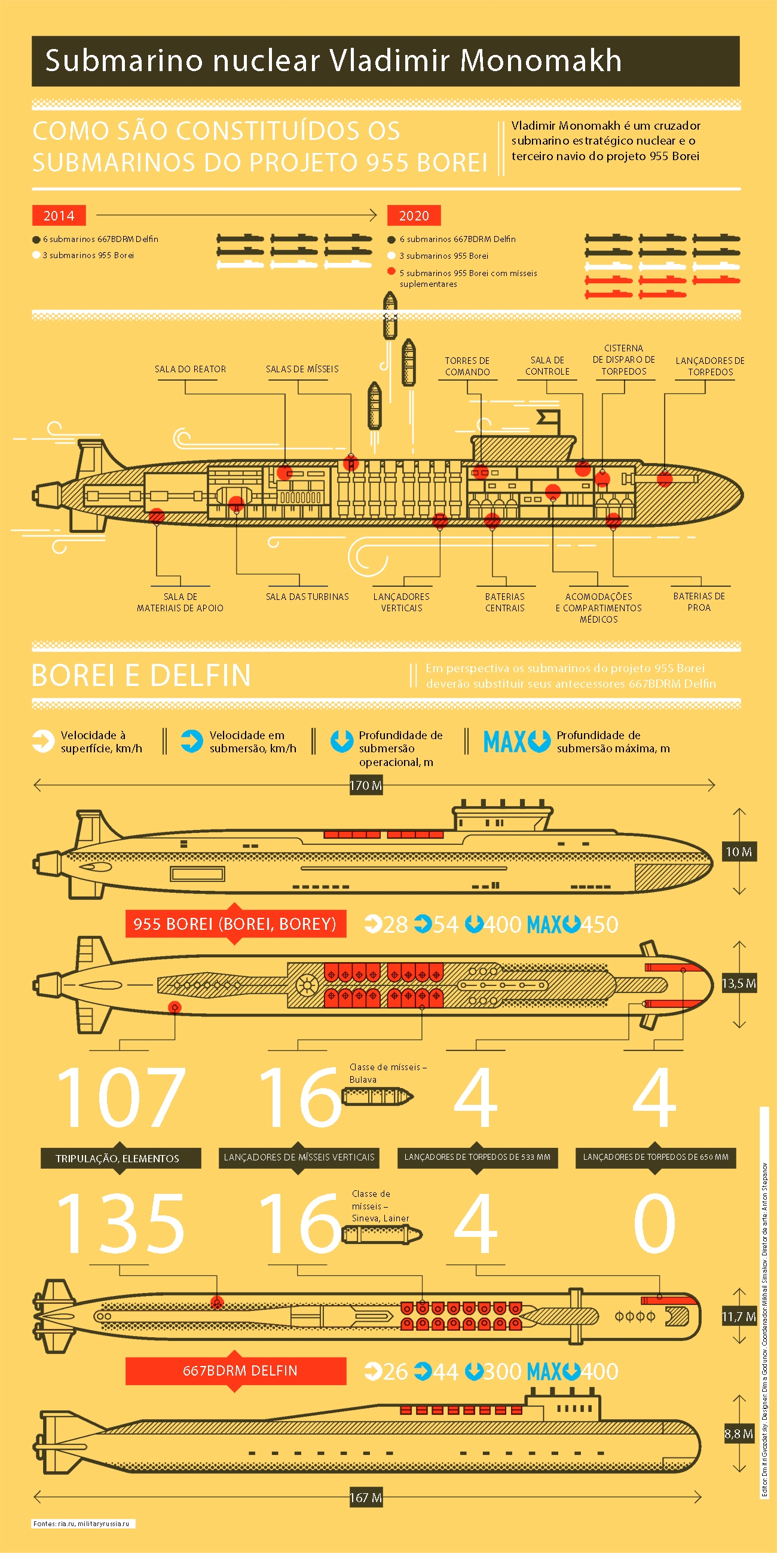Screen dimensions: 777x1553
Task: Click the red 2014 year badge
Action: pyautogui.click(x=59, y=215)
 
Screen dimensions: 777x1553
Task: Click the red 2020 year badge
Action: pyautogui.click(x=414, y=215)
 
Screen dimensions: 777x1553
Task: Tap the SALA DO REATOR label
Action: pyautogui.click(x=190, y=369)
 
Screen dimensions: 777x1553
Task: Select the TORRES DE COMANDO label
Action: pyautogui.click(x=467, y=366)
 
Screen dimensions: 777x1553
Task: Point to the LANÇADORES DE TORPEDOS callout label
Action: pyautogui.click(x=710, y=366)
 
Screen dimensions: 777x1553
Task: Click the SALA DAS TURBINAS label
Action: pyautogui.click(x=307, y=596)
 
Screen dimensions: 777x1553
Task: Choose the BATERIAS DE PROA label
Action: pyautogui.click(x=699, y=602)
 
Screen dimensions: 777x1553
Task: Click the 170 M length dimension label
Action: pyautogui.click(x=366, y=785)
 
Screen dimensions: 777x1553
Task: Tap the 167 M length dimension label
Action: pyautogui.click(x=366, y=1497)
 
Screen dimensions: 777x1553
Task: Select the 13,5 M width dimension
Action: pyautogui.click(x=739, y=984)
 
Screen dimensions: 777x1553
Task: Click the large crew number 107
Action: pyautogui.click(x=121, y=1096)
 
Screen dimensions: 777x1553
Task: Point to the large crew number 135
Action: pyautogui.click(x=121, y=1223)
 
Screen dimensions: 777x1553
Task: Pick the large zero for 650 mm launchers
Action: pyautogui.click(x=655, y=1223)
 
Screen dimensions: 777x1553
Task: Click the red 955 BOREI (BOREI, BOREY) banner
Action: pyautogui.click(x=235, y=924)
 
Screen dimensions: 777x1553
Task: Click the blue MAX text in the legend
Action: pyautogui.click(x=505, y=742)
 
